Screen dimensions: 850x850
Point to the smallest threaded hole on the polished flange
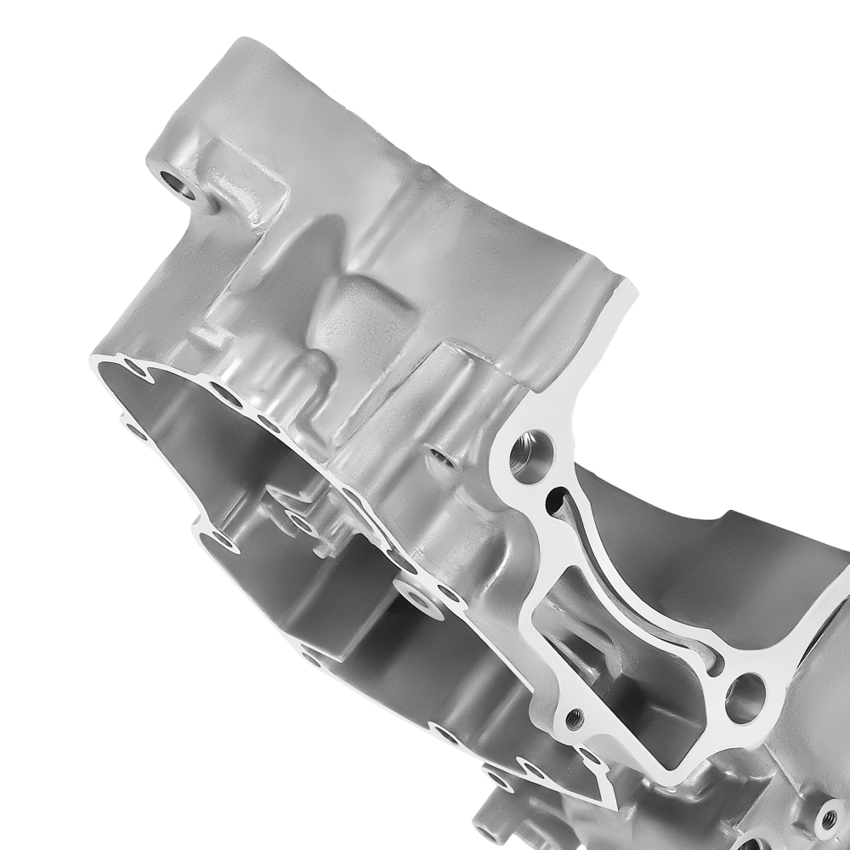(x=575, y=716)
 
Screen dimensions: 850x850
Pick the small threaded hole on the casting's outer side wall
(x=439, y=458)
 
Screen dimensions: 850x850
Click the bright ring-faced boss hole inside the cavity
(x=416, y=595)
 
